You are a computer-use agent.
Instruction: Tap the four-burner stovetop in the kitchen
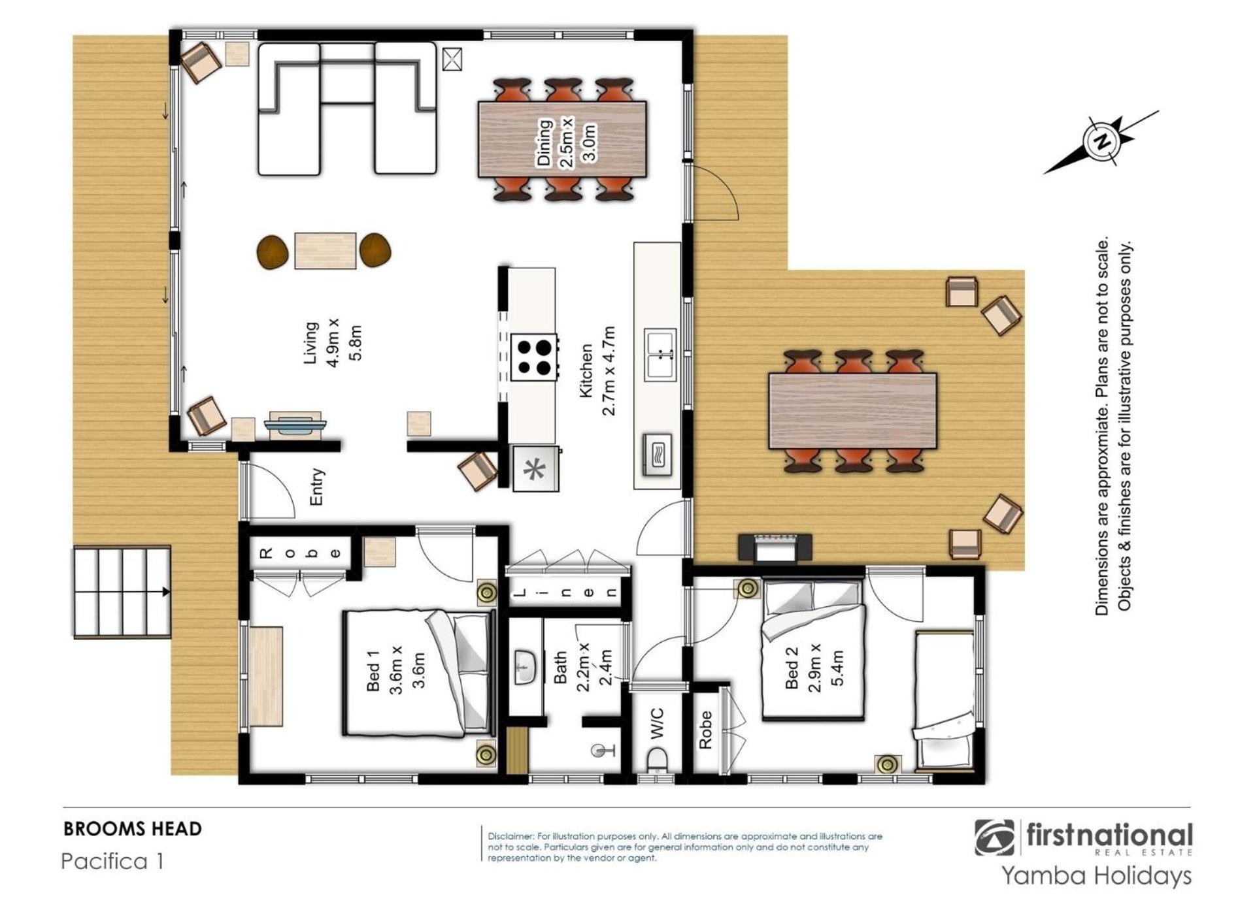click(535, 357)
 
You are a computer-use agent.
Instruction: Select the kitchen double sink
click(661, 355)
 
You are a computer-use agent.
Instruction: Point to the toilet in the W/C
click(656, 762)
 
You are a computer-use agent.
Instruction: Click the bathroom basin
click(526, 667)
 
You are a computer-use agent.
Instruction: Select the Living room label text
click(332, 342)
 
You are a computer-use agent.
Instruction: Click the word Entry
click(316, 487)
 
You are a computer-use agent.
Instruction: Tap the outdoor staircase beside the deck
click(122, 592)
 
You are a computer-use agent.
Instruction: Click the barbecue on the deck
click(775, 547)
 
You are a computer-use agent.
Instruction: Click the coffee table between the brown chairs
click(325, 250)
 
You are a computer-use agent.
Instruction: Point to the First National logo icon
click(995, 837)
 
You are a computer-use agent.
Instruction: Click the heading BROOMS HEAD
click(133, 829)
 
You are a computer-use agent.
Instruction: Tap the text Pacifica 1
click(112, 861)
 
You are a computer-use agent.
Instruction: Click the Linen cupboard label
click(565, 593)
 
